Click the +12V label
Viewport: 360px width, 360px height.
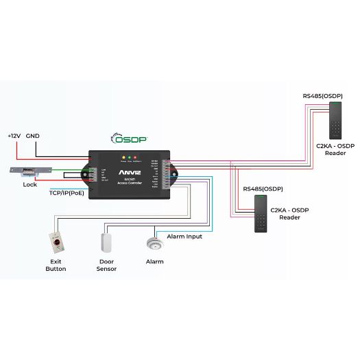coord(14,136)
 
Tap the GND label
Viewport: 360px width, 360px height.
coord(33,136)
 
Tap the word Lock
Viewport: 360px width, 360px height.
coord(30,184)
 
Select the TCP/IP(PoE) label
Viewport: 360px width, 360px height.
coord(67,193)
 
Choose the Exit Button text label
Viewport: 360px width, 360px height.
coord(56,265)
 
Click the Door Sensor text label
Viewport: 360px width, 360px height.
coord(106,265)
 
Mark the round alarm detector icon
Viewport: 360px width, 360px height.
coord(154,243)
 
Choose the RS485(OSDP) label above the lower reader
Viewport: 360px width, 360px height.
coord(263,189)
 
